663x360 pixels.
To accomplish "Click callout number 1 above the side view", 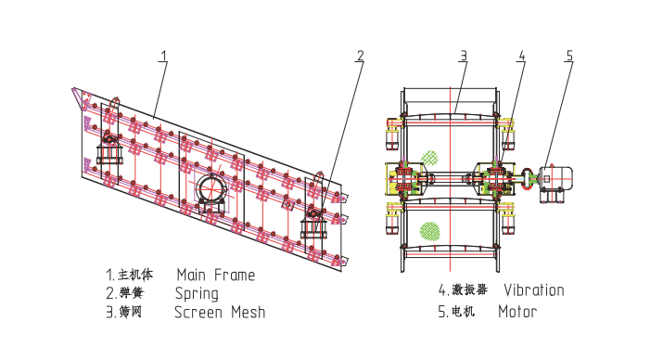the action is (163, 56).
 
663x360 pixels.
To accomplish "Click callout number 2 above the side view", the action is (360, 56).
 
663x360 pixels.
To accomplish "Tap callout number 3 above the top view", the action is (464, 56).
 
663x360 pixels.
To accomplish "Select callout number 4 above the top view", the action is (522, 56).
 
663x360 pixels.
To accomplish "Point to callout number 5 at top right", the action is (569, 56).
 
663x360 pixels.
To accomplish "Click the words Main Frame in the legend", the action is (216, 275).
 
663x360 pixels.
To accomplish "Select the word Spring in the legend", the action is (197, 294).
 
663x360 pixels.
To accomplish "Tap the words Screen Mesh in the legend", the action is (220, 312).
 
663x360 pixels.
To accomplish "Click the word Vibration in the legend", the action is (533, 290).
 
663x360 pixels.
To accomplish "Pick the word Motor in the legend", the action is (517, 312).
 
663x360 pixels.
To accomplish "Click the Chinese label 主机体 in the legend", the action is (135, 275).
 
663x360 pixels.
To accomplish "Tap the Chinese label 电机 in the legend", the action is (463, 312).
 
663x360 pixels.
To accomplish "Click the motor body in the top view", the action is (556, 178).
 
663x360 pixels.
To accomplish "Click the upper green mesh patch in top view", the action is (429, 159).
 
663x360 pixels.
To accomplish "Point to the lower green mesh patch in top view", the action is (429, 230).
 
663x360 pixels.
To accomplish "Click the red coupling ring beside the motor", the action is (529, 177).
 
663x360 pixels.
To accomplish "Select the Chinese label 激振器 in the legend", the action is (469, 289).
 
